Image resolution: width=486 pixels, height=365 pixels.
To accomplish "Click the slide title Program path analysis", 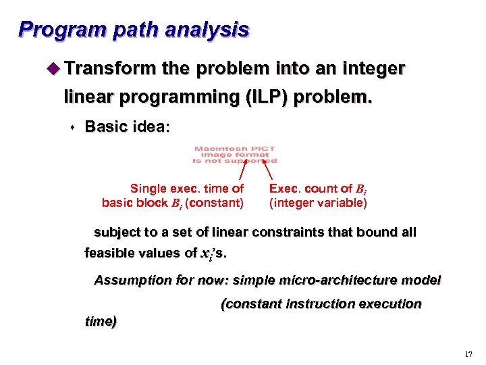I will (x=134, y=30).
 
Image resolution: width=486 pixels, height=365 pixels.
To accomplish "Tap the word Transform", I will (x=111, y=69).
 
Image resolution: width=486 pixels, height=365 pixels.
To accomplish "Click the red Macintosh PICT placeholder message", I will (x=234, y=155).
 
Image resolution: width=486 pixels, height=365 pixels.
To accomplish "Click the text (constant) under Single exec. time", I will (x=215, y=202).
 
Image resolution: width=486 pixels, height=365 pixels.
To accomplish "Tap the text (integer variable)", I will (x=318, y=202).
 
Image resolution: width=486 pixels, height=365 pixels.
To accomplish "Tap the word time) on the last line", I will (x=100, y=322).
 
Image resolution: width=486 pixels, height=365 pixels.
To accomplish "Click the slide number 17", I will (x=469, y=354).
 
